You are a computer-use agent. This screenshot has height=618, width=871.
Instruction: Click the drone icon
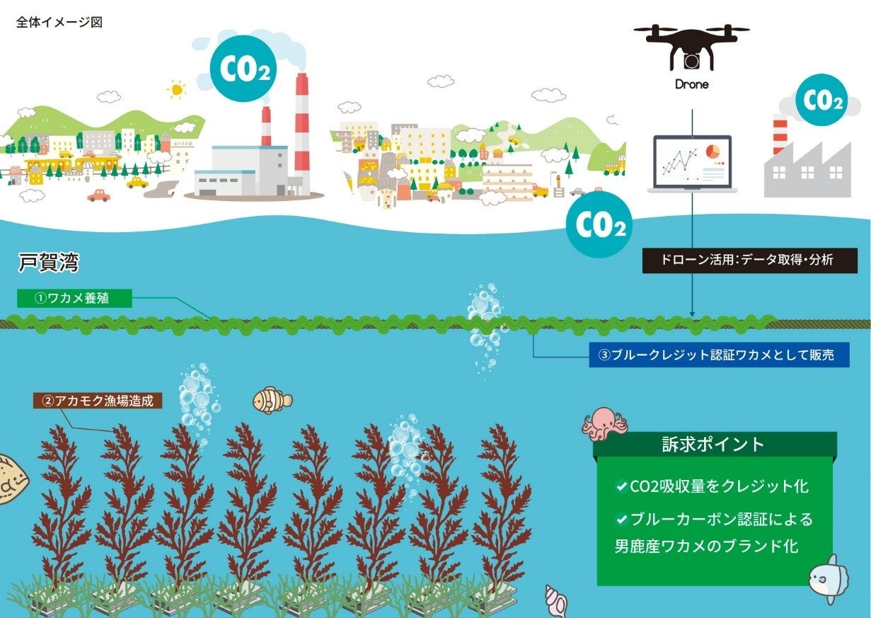691,45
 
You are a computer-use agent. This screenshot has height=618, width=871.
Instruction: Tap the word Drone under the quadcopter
691,84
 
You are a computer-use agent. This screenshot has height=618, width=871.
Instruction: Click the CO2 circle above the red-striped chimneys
243,69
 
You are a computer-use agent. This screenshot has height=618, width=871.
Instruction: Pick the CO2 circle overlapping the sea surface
599,224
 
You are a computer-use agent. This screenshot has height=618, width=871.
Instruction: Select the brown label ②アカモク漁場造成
98,401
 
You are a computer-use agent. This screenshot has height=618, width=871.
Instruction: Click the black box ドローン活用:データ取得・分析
749,260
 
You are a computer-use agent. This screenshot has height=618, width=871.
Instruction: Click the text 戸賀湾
48,265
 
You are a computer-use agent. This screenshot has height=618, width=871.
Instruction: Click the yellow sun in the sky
176,88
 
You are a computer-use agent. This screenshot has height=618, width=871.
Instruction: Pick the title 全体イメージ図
59,22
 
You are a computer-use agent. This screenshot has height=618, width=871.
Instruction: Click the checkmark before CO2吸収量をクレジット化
622,486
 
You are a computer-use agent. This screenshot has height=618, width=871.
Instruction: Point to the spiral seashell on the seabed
555,601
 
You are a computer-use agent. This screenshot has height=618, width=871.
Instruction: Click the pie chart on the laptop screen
713,151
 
